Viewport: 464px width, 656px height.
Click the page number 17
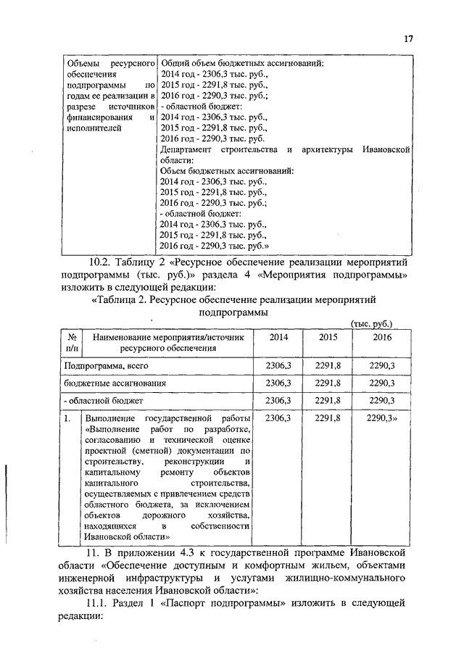point(408,40)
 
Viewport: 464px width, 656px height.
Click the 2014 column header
point(278,338)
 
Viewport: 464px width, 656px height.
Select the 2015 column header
point(329,338)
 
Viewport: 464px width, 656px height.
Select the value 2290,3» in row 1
point(383,418)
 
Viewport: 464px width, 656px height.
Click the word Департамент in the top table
point(186,149)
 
